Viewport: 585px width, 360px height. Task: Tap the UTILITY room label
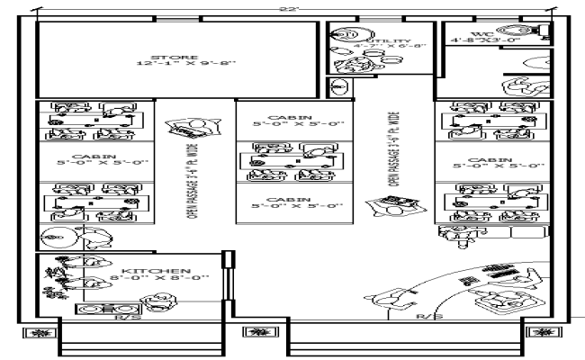(x=394, y=41)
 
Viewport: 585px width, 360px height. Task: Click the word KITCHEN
(x=157, y=270)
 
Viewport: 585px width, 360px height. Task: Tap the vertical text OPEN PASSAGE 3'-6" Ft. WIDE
(x=392, y=148)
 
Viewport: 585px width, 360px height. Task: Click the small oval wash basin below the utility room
(x=340, y=87)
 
